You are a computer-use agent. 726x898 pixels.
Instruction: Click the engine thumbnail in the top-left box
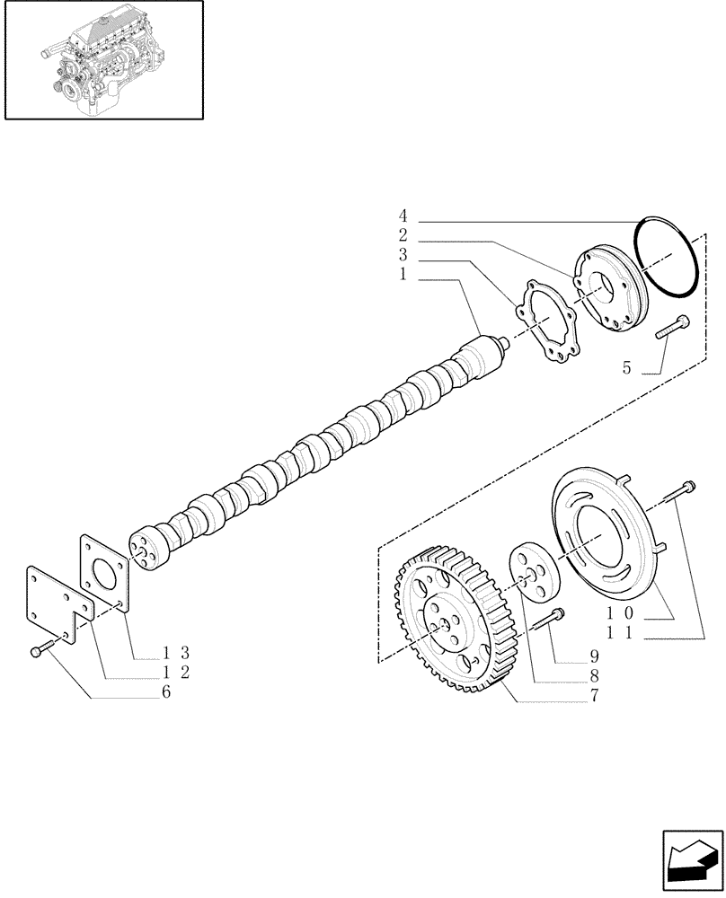point(102,60)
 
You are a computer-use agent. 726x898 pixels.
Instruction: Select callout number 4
point(403,216)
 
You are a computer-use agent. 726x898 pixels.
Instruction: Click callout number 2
point(403,236)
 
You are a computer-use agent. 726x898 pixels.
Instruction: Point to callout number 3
point(403,256)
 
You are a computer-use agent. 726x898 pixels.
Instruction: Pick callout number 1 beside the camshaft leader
point(403,276)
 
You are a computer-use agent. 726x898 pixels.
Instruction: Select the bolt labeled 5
point(672,326)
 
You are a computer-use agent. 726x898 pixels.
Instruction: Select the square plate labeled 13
point(106,575)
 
